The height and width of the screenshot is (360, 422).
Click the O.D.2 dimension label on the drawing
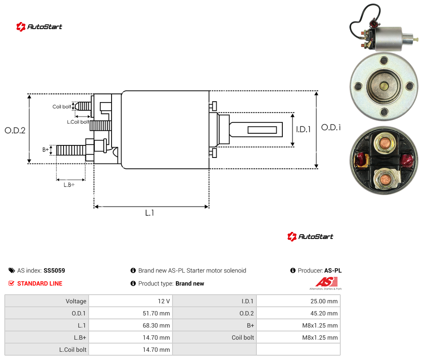coord(15,131)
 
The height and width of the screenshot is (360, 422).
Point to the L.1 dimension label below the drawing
coord(150,213)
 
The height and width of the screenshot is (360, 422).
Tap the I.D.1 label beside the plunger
coord(304,129)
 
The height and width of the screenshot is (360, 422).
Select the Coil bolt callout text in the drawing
coord(62,106)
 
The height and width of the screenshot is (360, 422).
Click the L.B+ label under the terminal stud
coord(69,185)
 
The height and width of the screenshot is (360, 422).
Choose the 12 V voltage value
coord(164,301)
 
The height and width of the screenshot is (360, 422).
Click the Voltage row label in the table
coord(76,301)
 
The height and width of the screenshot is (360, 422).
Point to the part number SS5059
coord(54,270)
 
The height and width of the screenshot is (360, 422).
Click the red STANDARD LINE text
coord(40,283)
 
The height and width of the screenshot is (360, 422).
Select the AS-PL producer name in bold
coord(333,270)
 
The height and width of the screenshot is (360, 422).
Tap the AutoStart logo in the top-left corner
coord(39,27)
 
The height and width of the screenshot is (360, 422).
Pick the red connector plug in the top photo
coord(374,23)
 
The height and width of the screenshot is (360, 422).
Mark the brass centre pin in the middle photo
coord(384,87)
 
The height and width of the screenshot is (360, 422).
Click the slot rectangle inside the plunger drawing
coord(262,130)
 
